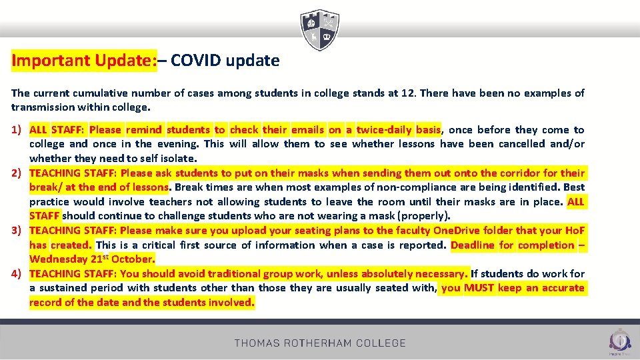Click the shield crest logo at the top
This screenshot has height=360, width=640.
pyautogui.click(x=320, y=29)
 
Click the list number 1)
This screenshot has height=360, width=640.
pyautogui.click(x=17, y=130)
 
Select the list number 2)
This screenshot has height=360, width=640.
pyautogui.click(x=17, y=173)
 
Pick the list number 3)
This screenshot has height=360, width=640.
pyautogui.click(x=17, y=231)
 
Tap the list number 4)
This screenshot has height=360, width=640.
pyautogui.click(x=17, y=274)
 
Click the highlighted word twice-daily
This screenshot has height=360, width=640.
pyautogui.click(x=383, y=130)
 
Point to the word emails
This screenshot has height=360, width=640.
pyautogui.click(x=307, y=130)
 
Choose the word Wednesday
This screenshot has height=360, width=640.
pyautogui.click(x=57, y=259)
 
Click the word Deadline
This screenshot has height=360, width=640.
pyautogui.click(x=473, y=245)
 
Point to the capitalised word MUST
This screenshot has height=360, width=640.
pyautogui.click(x=479, y=288)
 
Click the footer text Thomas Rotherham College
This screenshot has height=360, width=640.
pyautogui.click(x=320, y=343)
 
